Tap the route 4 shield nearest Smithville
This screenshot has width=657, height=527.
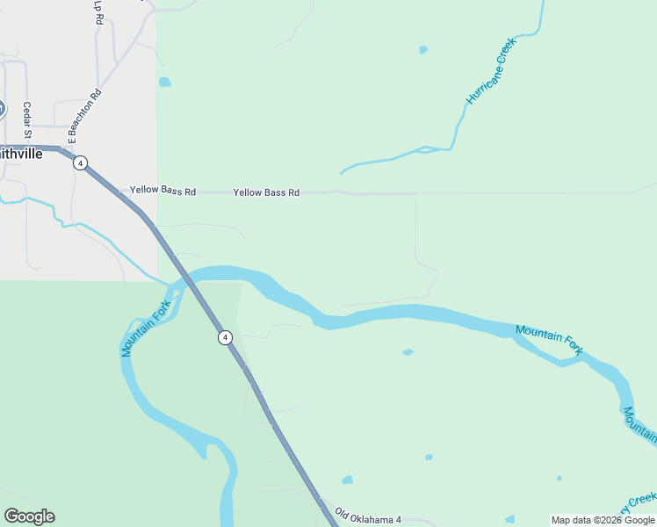coord(80,162)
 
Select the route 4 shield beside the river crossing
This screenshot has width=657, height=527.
coord(225,337)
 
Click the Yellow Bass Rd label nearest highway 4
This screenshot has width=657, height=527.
coord(162,190)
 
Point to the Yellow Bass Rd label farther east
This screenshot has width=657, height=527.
coord(266,191)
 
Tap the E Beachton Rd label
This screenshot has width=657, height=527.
coord(85,116)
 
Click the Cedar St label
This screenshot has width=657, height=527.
coord(28,121)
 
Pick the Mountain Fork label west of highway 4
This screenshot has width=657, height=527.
coord(146,328)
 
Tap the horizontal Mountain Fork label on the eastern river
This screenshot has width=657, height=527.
coord(549,339)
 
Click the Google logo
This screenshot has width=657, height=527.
coord(29,516)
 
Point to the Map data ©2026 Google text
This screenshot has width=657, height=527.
coord(603,520)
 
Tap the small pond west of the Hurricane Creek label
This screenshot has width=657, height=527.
coord(423,49)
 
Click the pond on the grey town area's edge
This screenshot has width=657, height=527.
coord(164,83)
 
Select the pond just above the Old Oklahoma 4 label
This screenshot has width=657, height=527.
coord(347,480)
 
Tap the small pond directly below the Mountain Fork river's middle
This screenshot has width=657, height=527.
coord(408,352)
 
